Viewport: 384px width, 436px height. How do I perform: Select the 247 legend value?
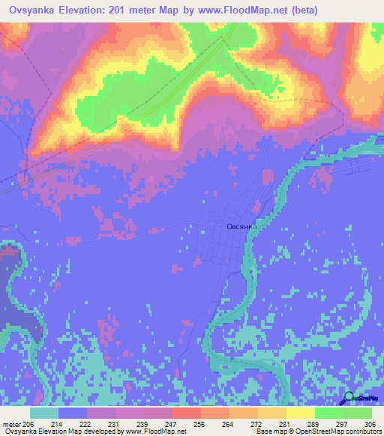158,424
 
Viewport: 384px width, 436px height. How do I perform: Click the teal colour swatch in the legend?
44,413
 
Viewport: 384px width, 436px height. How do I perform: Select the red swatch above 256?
187,413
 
